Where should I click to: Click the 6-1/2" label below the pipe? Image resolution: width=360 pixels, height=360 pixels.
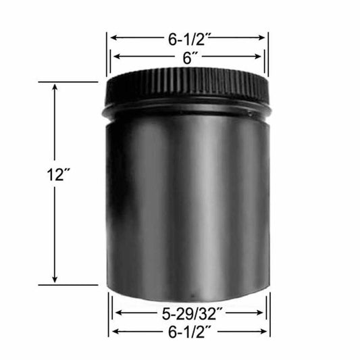[188, 332]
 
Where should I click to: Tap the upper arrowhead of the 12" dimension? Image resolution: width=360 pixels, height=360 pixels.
[55, 86]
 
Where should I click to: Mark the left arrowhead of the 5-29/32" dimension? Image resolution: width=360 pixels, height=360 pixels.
[117, 313]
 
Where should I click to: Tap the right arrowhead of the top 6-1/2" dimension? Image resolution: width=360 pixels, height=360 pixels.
[265, 37]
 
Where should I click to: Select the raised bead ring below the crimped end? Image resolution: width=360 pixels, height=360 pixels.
[188, 108]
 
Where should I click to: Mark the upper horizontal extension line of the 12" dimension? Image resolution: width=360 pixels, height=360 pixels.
[68, 82]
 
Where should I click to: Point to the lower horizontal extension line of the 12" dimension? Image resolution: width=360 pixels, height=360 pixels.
[68, 285]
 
